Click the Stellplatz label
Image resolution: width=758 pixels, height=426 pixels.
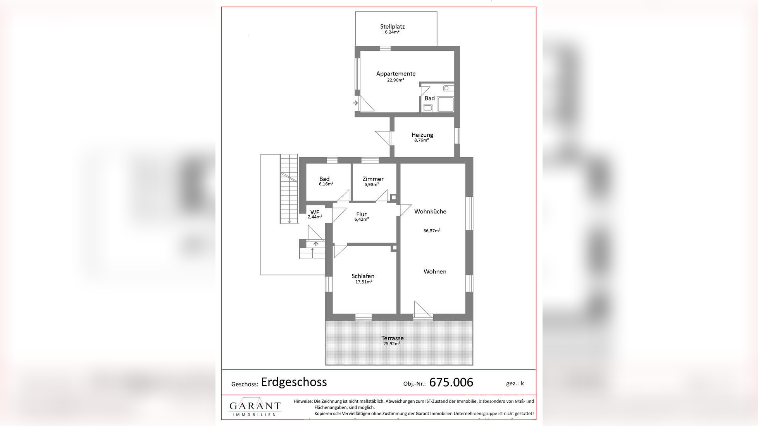(392, 27)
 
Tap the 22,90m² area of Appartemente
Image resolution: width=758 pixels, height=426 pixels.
(395, 80)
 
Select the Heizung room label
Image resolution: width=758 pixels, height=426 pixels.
(422, 135)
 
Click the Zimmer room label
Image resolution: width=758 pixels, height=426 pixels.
(373, 179)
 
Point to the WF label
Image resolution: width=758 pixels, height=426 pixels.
(315, 212)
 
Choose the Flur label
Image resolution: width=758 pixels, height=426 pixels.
(361, 214)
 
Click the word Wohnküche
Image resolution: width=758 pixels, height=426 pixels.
(430, 211)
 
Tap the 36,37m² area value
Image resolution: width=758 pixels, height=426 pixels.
(432, 231)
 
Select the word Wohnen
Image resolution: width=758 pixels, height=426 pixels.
(435, 271)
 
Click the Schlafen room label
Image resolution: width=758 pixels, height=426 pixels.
(363, 276)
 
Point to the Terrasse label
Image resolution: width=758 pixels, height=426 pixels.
(392, 338)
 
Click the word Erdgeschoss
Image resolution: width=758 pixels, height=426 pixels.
(294, 382)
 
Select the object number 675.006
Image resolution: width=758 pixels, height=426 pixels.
(451, 383)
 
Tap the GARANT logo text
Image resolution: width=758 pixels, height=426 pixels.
(255, 406)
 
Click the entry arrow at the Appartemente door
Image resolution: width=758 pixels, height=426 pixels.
(355, 103)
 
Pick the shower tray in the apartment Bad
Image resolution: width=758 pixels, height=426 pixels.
(445, 104)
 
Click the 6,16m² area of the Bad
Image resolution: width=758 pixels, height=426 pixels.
(326, 184)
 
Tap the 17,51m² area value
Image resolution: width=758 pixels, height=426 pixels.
(363, 282)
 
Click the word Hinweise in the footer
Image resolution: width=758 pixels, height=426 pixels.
(303, 401)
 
